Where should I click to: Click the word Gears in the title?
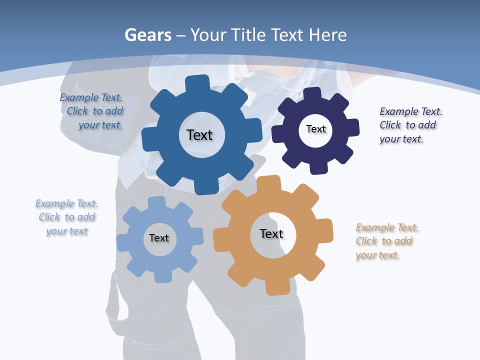(148, 35)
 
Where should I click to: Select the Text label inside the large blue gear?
(199, 135)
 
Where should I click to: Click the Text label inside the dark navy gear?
(315, 129)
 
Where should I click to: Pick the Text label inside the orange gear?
(271, 233)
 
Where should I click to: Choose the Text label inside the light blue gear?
(159, 238)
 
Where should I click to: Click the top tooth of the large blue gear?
(197, 83)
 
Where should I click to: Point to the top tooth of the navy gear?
(312, 93)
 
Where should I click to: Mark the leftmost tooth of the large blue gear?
(149, 140)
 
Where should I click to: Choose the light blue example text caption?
(67, 217)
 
